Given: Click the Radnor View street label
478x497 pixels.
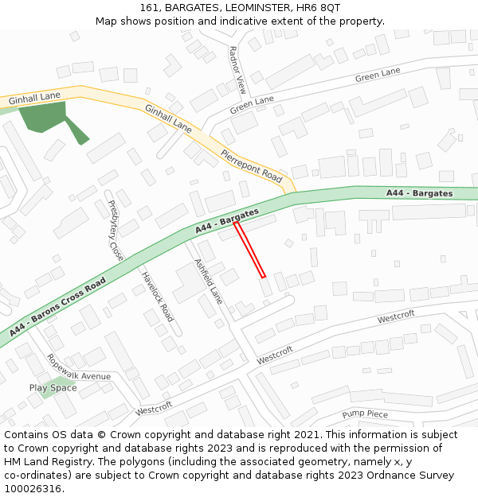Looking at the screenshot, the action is [237, 70].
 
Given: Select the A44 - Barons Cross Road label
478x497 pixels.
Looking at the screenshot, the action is [58, 307].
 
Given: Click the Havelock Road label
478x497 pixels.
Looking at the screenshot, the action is [158, 297].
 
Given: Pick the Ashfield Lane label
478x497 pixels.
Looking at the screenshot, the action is [208, 282].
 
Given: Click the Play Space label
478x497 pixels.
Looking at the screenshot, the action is [53, 388].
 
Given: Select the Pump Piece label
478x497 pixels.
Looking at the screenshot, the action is [365, 414].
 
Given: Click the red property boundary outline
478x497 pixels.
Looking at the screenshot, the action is [249, 250].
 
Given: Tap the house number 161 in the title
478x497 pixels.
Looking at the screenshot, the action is [149, 8].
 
